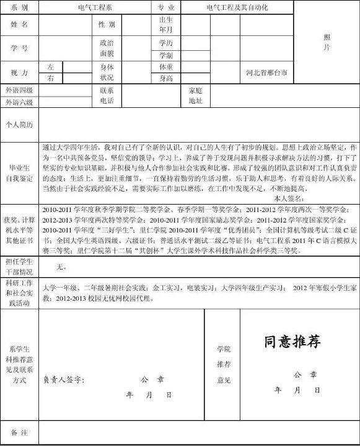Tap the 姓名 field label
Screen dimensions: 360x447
19,24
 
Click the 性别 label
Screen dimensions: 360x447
107,24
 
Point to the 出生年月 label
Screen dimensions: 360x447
165,24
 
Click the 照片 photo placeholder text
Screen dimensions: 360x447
327,42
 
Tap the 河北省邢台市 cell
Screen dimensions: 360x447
266,73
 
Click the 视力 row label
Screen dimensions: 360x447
19,73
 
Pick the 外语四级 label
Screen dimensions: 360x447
19,91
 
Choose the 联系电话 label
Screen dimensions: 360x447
107,95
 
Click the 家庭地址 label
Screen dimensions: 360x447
196,95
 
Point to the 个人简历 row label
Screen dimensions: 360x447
19,124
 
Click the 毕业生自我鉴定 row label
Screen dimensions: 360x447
19,173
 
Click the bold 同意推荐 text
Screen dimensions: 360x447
292,342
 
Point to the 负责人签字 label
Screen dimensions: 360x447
64,379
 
